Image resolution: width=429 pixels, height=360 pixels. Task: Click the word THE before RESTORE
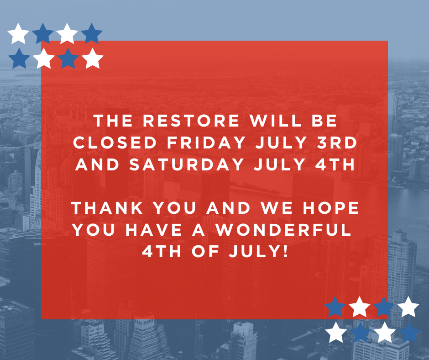click(113, 121)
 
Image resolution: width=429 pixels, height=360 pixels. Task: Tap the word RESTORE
click(191, 121)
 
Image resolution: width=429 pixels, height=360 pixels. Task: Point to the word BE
click(324, 121)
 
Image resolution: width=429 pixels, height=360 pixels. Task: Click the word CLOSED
click(115, 143)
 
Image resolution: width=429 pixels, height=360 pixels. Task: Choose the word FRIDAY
click(206, 143)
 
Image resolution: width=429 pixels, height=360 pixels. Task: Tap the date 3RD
click(337, 143)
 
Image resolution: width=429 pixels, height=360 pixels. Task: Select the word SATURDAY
click(187, 164)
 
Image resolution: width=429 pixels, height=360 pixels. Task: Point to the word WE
click(277, 208)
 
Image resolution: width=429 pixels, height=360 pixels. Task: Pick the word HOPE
click(331, 208)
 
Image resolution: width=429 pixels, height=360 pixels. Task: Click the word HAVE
click(153, 230)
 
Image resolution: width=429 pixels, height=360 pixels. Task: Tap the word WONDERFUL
click(283, 230)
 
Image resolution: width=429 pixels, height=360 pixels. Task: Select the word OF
click(205, 251)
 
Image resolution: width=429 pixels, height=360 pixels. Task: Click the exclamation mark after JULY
click(286, 251)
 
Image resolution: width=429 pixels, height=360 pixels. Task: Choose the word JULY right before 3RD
click(281, 143)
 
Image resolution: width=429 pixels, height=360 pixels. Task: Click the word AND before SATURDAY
click(97, 164)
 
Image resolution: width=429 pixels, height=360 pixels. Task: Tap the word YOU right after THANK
click(174, 208)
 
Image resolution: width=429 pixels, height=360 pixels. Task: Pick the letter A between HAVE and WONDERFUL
click(199, 230)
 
